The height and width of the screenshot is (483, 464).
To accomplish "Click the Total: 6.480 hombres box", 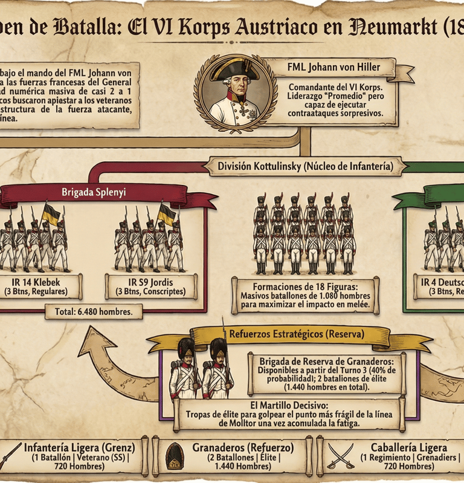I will (94, 312).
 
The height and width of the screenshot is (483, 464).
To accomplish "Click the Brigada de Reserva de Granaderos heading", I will (326, 360).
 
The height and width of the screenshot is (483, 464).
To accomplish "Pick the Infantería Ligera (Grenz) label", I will (79, 448).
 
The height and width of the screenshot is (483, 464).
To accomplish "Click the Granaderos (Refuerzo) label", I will (243, 448).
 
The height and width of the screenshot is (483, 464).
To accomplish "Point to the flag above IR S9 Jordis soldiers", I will (166, 213).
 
